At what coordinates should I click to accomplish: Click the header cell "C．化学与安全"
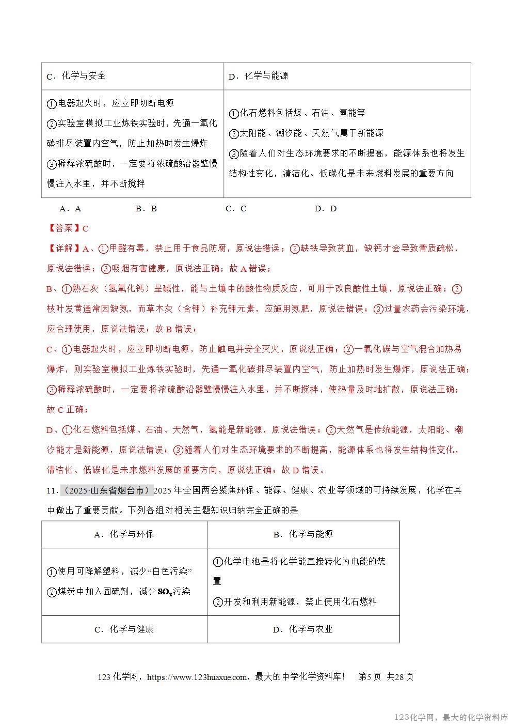point(76,76)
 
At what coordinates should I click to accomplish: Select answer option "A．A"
point(71,209)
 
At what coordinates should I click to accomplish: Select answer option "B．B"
point(146,209)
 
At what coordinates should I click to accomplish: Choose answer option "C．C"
point(236,209)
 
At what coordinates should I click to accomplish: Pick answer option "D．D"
point(325,209)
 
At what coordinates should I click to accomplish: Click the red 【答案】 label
point(64,228)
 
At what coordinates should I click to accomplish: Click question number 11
point(52,490)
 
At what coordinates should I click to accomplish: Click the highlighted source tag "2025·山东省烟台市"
point(107,490)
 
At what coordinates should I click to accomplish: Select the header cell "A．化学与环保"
point(124,534)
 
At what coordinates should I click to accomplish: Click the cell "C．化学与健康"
point(124,629)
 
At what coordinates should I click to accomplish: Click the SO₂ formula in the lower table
point(165,592)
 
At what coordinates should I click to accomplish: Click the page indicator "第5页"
point(370,677)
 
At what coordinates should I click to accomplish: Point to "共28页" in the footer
point(400,677)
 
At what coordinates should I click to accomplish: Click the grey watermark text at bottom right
point(451,717)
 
